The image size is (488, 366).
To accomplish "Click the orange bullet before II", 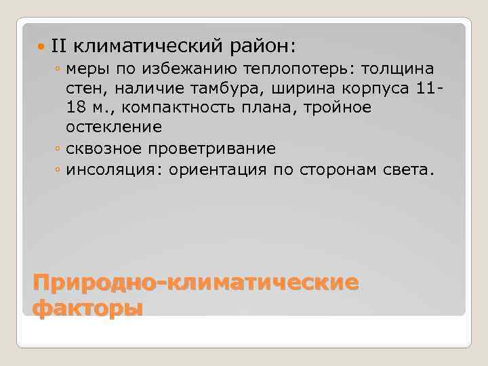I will point(41,47).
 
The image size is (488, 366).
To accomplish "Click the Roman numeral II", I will point(58,46).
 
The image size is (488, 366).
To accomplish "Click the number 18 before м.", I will point(75,108).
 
